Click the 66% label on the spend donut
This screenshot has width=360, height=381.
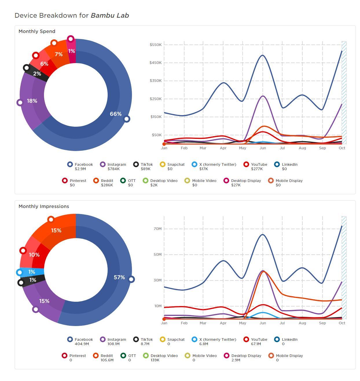115,114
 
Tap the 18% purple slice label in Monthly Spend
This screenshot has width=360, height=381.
32,101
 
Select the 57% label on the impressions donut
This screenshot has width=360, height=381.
119,277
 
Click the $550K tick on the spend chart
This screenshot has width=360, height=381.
155,45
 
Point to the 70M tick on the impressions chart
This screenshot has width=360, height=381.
157,229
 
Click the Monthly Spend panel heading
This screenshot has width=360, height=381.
37,31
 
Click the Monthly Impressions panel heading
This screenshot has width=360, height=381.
44,206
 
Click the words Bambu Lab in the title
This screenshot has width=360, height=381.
110,15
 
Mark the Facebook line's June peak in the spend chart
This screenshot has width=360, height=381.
262,55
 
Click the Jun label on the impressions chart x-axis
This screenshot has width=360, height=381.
262,323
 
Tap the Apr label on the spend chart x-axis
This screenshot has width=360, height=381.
223,148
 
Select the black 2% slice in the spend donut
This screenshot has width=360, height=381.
37,74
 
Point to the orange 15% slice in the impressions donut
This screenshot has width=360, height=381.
56,231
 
